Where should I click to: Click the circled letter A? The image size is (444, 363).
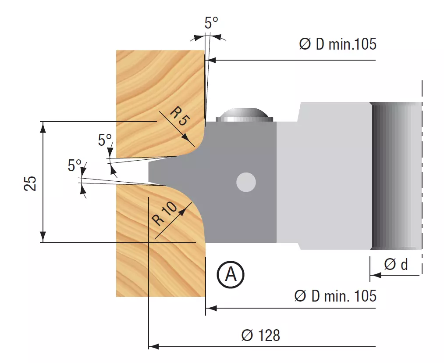coord(231,275)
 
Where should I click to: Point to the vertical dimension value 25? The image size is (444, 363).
coord(30,183)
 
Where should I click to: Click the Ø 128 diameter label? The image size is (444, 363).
coord(260,335)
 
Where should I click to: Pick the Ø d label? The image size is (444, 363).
coord(396,264)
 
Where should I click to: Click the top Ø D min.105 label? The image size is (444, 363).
coord(338,44)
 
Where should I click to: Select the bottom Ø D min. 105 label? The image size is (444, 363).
coord(335,296)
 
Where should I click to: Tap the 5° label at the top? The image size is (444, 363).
coord(212,23)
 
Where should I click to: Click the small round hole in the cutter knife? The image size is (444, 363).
coord(246,182)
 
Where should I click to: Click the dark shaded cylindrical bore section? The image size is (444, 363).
coord(396,176)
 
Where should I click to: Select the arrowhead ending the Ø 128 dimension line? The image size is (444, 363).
coord(153,347)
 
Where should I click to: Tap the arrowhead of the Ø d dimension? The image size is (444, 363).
coord(375,275)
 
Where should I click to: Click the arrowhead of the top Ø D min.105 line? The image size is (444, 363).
coord(211,60)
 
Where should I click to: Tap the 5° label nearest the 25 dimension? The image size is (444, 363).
coord(75,165)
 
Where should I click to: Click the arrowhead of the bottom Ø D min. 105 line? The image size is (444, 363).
coord(211,308)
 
